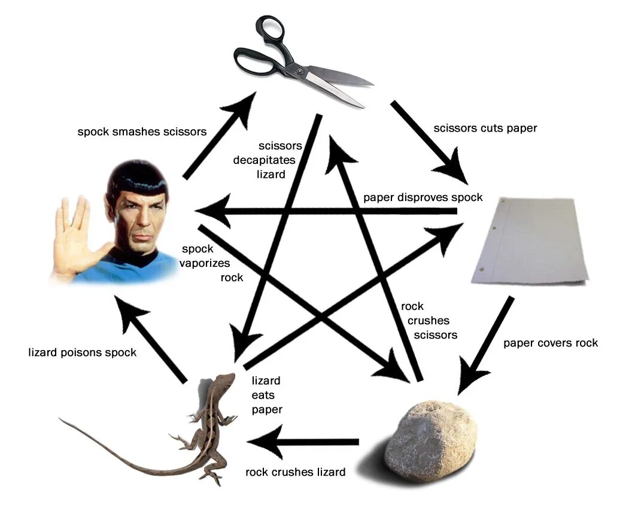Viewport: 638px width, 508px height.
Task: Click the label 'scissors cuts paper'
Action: (x=485, y=128)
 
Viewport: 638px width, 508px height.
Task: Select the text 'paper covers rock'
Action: (x=550, y=343)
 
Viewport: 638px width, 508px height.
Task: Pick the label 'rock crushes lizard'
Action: (x=295, y=472)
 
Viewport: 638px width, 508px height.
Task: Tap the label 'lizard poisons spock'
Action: (x=82, y=352)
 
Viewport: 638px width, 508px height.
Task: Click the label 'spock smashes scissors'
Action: (x=142, y=131)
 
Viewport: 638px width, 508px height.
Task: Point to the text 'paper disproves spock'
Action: (x=423, y=197)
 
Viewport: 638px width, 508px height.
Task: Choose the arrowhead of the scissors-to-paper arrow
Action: (x=457, y=171)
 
